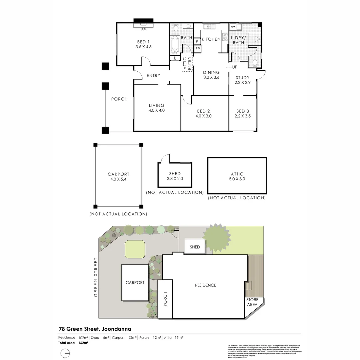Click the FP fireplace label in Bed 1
(144, 30)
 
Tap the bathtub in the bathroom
(174, 45)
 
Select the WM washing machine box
(233, 27)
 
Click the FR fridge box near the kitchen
(197, 49)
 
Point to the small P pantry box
(197, 41)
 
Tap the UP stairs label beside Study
(235, 67)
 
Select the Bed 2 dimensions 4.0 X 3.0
(203, 116)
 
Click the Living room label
(157, 105)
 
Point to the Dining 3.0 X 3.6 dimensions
(211, 78)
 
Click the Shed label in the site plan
(195, 247)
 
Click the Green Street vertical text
(96, 277)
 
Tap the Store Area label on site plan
(252, 302)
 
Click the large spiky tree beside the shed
(217, 237)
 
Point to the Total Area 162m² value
(83, 343)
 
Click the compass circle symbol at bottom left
(65, 353)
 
